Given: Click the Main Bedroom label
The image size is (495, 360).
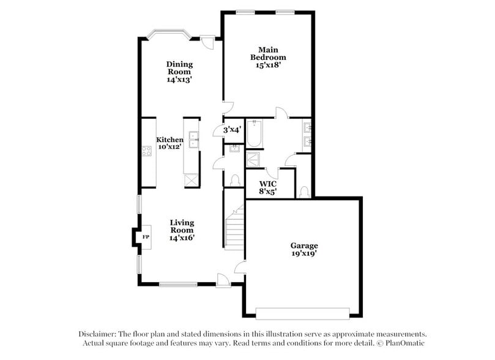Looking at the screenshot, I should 268,57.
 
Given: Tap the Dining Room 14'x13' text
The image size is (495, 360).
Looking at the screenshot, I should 179,72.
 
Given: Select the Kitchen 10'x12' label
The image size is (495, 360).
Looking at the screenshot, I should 169,143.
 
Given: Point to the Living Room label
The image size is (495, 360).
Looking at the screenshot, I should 182,230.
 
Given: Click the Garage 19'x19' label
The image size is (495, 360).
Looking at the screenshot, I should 303,249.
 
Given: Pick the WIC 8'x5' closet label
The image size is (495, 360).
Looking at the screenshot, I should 268,187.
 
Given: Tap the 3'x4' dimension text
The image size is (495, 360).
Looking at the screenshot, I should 232,130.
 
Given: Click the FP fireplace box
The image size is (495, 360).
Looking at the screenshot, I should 146,236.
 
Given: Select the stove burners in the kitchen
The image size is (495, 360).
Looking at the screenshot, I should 147,151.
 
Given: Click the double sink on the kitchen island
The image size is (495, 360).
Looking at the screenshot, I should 193,140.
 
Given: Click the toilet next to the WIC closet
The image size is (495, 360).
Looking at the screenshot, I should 304,191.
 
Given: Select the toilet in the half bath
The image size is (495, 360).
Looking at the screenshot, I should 234,180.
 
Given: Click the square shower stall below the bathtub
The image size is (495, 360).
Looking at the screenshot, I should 253,159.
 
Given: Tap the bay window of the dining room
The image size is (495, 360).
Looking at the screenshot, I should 169,32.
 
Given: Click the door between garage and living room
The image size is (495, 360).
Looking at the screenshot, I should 240,267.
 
